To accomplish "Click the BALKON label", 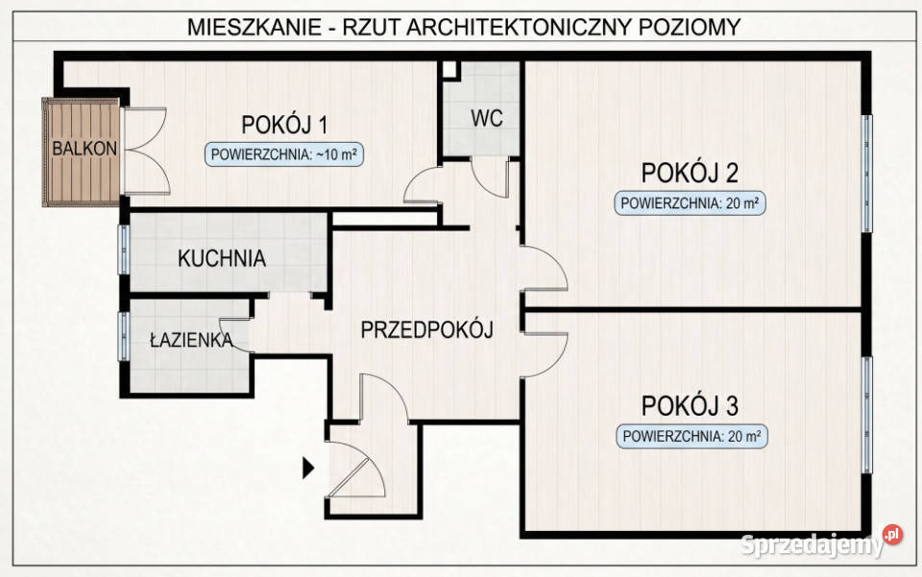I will tap(85, 149).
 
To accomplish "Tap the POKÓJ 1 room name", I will tap(284, 125).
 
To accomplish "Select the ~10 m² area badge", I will tap(285, 155).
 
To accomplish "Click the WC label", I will tap(487, 118).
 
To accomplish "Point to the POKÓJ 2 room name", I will tap(690, 173).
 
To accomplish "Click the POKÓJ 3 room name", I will tap(690, 403).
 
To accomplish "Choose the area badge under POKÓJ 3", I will tap(691, 436).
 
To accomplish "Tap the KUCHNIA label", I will tap(221, 259).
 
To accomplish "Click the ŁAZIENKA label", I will tap(191, 340).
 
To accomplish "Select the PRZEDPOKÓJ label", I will tap(426, 331).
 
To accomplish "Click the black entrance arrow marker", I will tap(309, 469).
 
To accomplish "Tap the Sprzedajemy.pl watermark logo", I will tap(816, 543).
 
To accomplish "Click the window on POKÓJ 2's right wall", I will tap(867, 173).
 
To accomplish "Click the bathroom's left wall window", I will tap(123, 335).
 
